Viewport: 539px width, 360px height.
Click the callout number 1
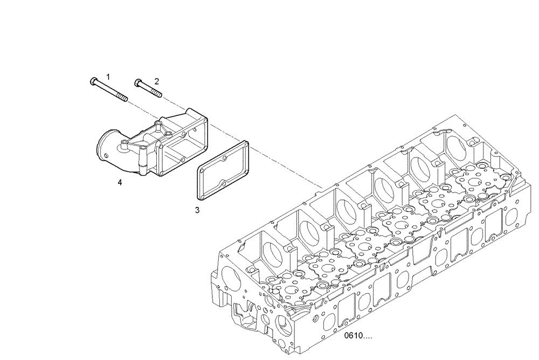(108, 77)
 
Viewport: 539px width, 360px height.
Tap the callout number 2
(156, 81)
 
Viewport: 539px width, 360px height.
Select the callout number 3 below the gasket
(197, 210)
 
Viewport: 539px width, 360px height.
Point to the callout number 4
(120, 183)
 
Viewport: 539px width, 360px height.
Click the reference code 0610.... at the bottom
(358, 336)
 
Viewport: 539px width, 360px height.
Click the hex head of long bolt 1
(92, 82)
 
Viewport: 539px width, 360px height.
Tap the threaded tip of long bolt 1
(125, 99)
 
